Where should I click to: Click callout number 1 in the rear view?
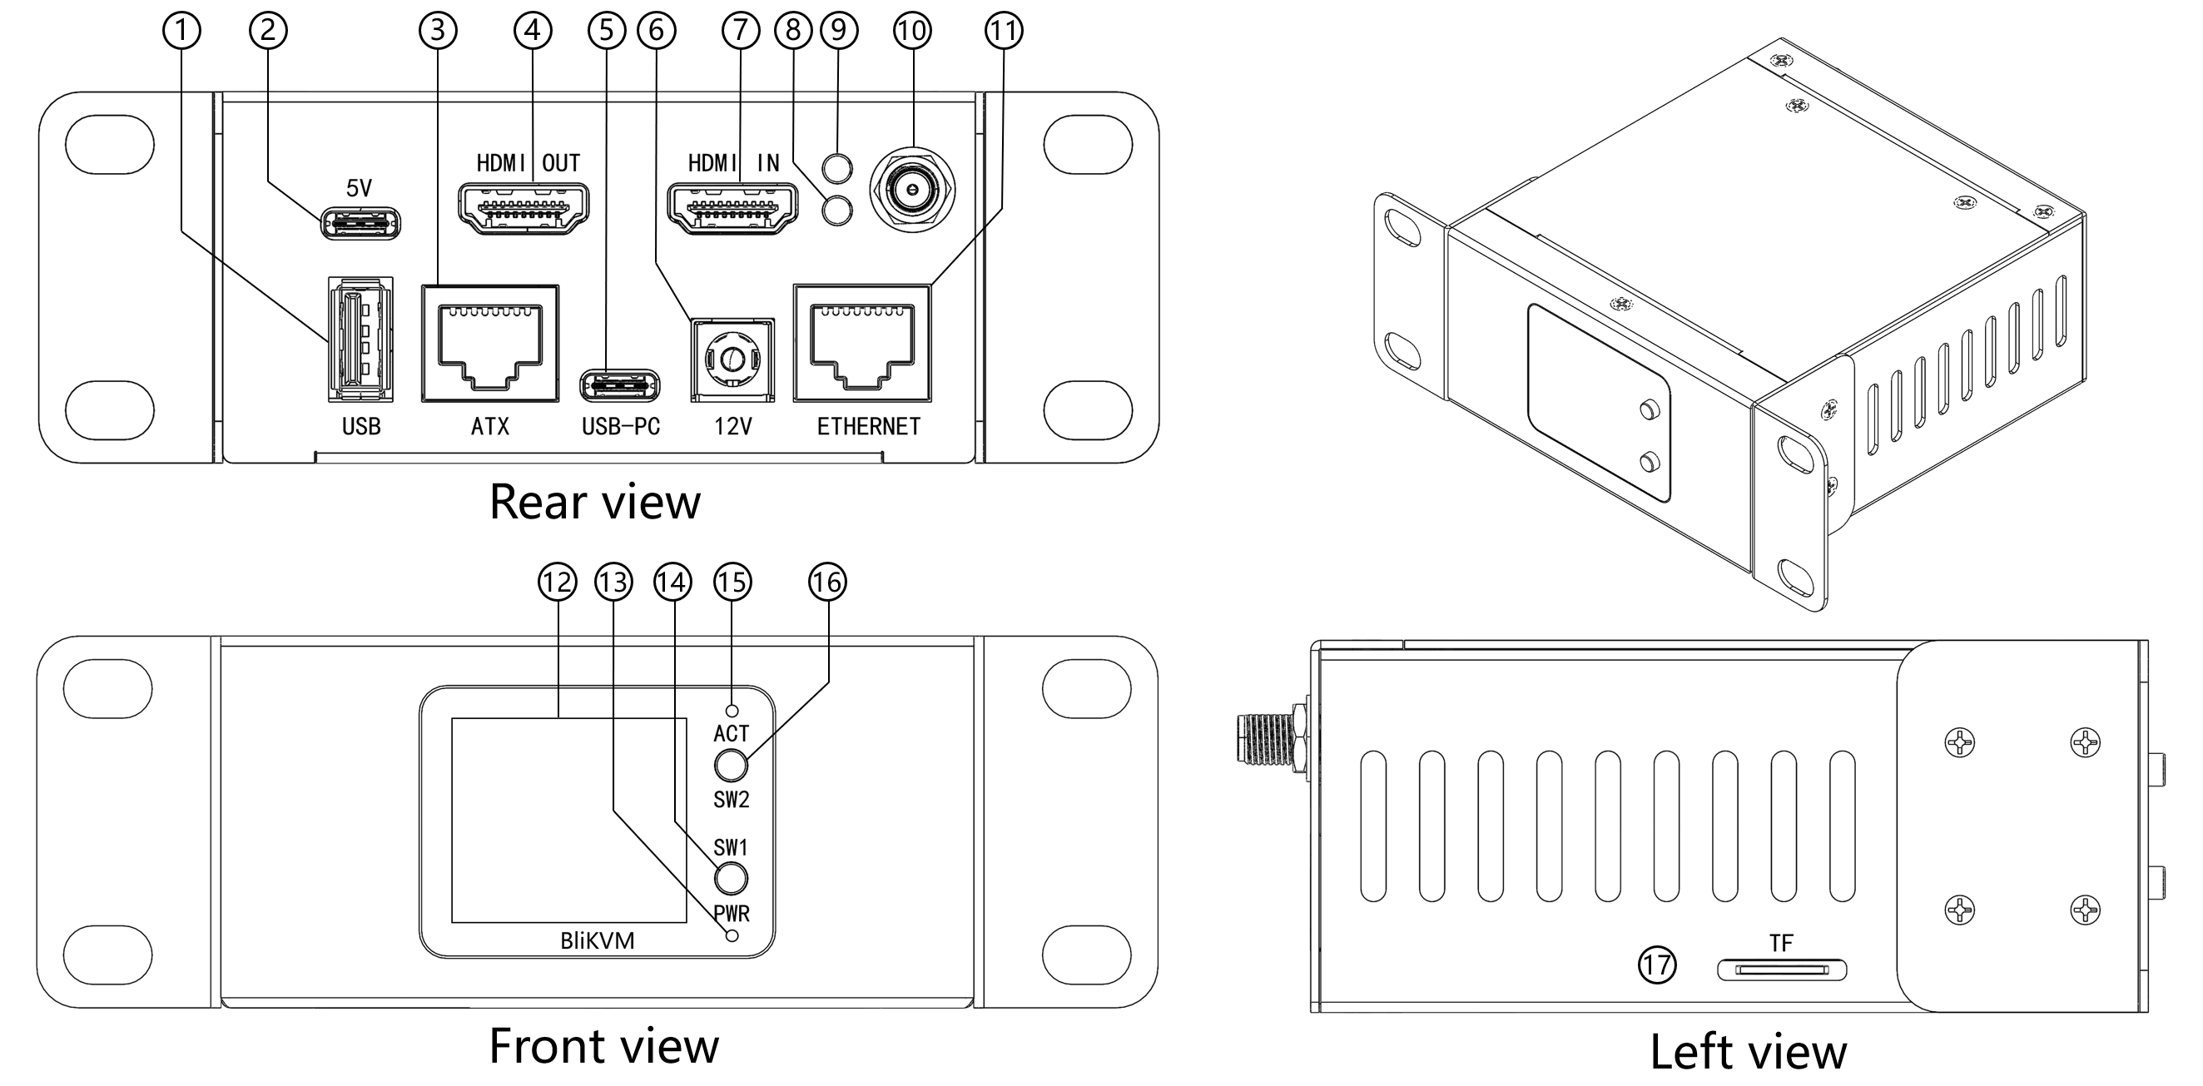(x=181, y=31)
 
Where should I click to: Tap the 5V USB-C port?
(x=360, y=225)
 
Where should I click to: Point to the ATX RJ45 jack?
(x=490, y=344)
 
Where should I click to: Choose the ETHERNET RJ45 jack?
(x=862, y=344)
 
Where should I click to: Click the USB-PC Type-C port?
(x=620, y=385)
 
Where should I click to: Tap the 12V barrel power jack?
(x=732, y=360)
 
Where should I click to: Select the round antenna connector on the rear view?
(x=912, y=190)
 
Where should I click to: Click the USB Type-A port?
(x=361, y=339)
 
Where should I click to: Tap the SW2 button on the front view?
(x=732, y=766)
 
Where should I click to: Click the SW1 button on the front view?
(x=731, y=879)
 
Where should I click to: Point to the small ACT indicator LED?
(x=732, y=711)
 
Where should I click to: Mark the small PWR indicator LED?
(x=732, y=935)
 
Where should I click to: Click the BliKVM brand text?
(x=597, y=941)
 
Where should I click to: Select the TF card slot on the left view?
(x=1781, y=970)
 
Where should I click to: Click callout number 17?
(x=1656, y=965)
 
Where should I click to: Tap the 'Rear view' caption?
(x=594, y=502)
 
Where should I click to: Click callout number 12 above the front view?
(x=557, y=583)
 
